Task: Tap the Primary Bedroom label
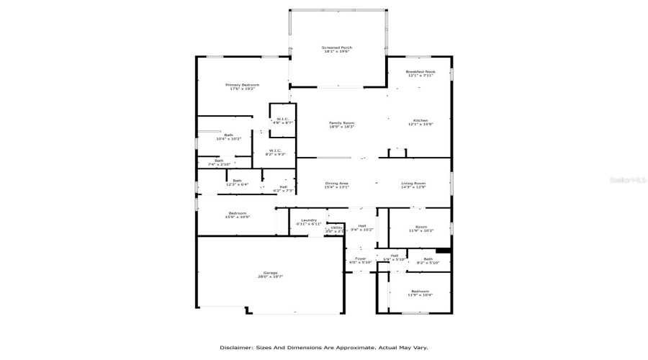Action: point(244,86)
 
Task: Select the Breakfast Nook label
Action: point(420,73)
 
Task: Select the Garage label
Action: point(270,274)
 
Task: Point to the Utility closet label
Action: point(336,228)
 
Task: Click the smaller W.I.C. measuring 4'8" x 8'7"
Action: point(283,120)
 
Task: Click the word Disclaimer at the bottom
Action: point(235,347)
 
